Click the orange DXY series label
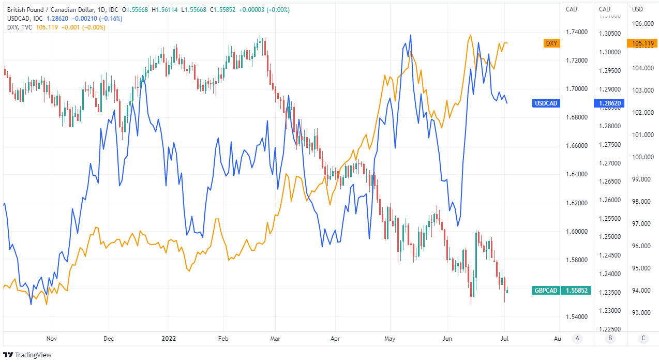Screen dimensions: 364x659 (551, 43)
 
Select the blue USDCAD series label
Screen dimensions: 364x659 (546, 103)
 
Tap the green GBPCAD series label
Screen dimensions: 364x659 (546, 291)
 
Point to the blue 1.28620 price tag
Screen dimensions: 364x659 (610, 103)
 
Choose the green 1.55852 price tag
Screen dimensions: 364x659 (576, 291)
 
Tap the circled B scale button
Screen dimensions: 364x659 (610, 338)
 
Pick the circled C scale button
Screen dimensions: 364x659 (643, 338)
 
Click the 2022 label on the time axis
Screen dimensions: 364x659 (169, 339)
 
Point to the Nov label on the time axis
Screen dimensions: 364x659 (51, 339)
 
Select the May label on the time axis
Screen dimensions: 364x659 (390, 339)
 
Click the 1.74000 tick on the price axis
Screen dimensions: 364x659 (577, 32)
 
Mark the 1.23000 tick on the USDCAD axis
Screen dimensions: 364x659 (610, 311)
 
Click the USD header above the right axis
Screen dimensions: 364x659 (638, 9)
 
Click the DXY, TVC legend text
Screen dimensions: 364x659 (20, 27)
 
